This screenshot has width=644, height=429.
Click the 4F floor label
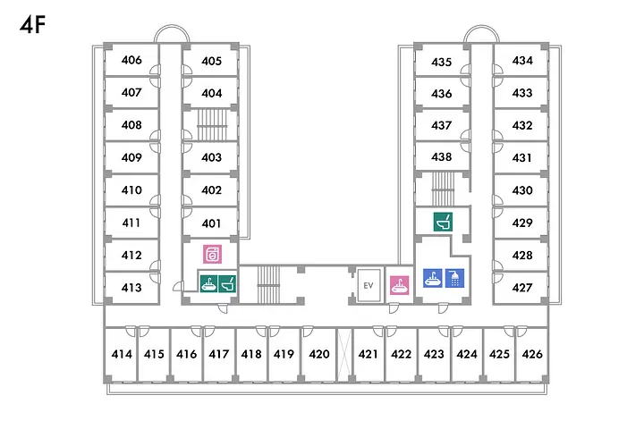tap(32, 25)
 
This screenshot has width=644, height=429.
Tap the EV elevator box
tap(369, 285)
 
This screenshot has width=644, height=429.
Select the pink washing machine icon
tap(212, 254)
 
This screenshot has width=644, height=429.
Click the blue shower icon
tap(454, 278)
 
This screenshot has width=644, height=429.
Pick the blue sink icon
tap(433, 278)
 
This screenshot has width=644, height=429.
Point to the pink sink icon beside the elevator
tap(399, 285)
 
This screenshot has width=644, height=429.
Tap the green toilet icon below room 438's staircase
tap(443, 222)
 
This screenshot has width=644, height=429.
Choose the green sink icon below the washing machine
tap(208, 283)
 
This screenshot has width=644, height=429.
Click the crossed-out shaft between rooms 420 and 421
tap(344, 355)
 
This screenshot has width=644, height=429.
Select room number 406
tap(131, 61)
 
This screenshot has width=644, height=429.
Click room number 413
tap(131, 288)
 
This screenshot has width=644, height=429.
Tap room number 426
tap(532, 354)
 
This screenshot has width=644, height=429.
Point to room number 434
tap(522, 61)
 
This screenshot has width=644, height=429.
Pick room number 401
tap(211, 223)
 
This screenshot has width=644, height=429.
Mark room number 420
tap(319, 354)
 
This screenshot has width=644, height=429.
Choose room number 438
tap(442, 156)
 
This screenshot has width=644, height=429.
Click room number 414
tap(122, 354)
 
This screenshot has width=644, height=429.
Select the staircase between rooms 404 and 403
tap(212, 124)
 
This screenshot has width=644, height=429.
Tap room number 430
tap(522, 190)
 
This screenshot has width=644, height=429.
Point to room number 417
tap(219, 354)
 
